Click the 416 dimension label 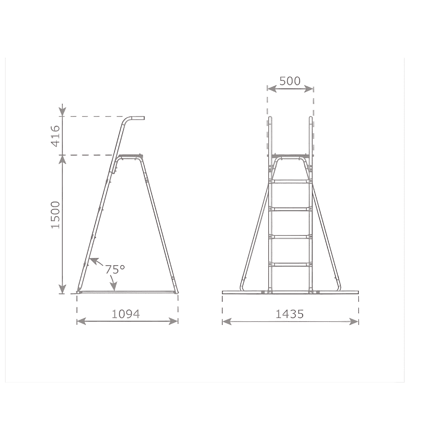click(x=55, y=136)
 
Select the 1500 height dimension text click(x=55, y=215)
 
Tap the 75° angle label click(x=115, y=269)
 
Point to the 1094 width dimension click(x=126, y=314)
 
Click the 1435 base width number click(x=289, y=314)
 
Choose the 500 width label click(x=290, y=81)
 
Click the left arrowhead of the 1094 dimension click(x=81, y=321)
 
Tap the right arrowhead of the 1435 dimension click(x=354, y=322)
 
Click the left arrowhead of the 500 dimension click(x=272, y=89)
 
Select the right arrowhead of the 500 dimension click(x=309, y=89)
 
